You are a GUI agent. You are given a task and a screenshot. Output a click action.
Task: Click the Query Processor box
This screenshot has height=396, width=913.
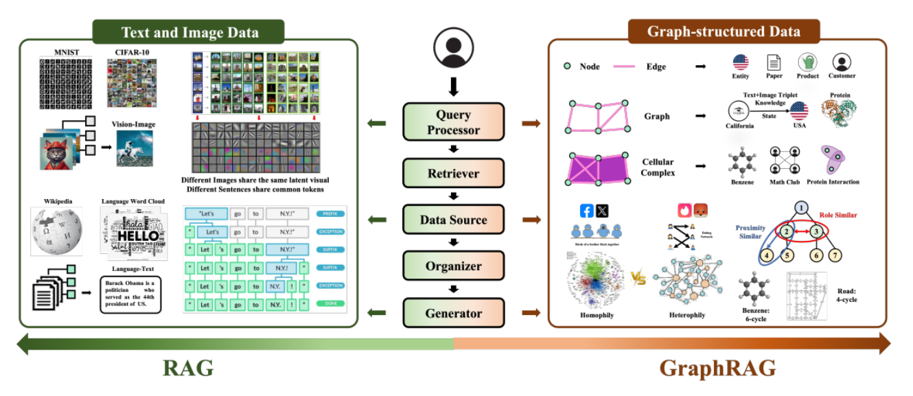click(x=453, y=121)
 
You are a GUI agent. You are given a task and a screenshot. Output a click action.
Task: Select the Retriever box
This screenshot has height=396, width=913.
click(x=453, y=174)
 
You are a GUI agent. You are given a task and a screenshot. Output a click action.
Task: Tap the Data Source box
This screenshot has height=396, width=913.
click(x=453, y=220)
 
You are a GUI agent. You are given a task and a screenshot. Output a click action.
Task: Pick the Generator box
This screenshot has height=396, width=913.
click(x=453, y=314)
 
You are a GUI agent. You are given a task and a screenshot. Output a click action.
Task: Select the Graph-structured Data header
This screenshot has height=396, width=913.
click(x=724, y=32)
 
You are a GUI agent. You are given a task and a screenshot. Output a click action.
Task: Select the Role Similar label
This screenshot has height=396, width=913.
click(x=837, y=216)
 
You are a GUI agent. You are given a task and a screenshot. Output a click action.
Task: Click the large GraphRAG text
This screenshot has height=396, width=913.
click(x=717, y=369)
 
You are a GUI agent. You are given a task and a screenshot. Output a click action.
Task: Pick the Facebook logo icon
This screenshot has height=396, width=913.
click(x=588, y=210)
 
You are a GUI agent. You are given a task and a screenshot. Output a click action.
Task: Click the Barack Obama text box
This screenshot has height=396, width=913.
click(x=130, y=294)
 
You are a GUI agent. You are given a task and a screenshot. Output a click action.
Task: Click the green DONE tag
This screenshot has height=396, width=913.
click(x=330, y=303)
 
